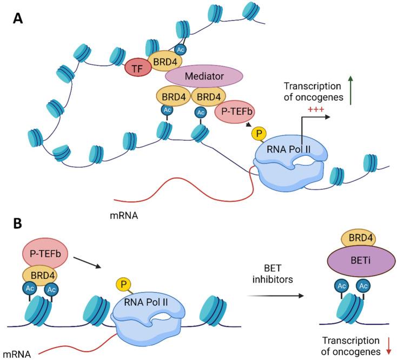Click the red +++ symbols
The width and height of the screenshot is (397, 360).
[316, 109]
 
